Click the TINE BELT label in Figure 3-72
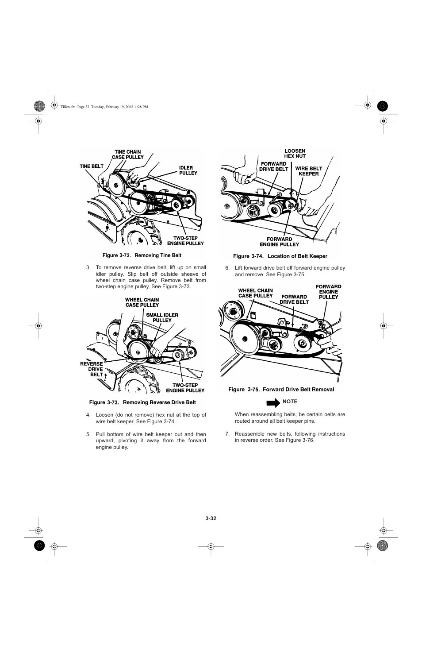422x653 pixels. tap(92, 166)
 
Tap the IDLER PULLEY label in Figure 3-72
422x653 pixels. tap(188, 170)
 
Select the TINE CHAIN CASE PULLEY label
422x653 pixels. tap(127, 155)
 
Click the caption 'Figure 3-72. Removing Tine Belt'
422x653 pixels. tap(142, 255)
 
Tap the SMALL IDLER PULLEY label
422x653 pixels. tap(162, 317)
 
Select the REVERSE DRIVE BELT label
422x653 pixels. tap(92, 369)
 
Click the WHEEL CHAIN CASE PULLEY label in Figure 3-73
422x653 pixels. tap(142, 302)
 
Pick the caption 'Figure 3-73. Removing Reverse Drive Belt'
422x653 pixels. tap(142, 402)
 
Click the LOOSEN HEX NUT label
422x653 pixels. tap(295, 154)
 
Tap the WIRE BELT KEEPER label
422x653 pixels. tap(309, 171)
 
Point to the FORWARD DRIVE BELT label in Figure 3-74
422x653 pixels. tap(273, 166)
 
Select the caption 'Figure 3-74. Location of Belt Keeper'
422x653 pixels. tap(280, 256)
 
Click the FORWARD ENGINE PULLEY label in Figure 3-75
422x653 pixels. tap(328, 292)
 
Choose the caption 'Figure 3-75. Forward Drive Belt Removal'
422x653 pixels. tap(281, 390)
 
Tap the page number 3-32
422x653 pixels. tap(211, 518)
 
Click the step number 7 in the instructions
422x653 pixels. tap(227, 434)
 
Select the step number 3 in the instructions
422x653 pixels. tap(88, 267)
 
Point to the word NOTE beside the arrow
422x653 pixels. tap(290, 402)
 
